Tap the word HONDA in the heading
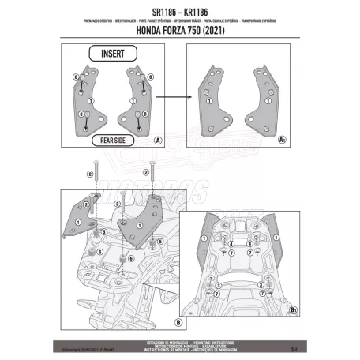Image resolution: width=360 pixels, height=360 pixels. click(x=143, y=32)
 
